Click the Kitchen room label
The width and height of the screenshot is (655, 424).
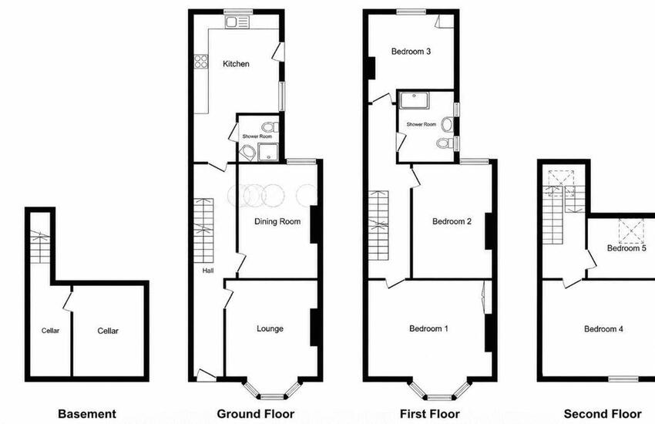click(236, 64)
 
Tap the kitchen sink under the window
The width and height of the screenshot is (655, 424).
click(237, 22)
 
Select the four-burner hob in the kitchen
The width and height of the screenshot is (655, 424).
click(201, 62)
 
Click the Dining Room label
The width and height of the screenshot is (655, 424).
click(277, 221)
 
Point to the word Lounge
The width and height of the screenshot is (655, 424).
click(270, 328)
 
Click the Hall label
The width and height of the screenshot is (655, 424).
click(208, 271)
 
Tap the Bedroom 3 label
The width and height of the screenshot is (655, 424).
click(411, 52)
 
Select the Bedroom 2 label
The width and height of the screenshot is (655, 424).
click(452, 221)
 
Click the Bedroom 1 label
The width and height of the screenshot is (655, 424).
click(428, 328)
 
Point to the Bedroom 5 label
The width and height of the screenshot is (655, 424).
click(626, 248)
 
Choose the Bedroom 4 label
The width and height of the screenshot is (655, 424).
click(603, 329)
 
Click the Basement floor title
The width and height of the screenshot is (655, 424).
click(87, 414)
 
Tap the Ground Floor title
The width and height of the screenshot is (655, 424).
click(256, 414)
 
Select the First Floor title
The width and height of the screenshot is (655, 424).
click(430, 414)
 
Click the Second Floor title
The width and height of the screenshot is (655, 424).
click(603, 414)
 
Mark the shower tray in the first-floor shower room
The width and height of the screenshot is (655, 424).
click(414, 101)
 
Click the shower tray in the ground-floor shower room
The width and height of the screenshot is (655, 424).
click(267, 152)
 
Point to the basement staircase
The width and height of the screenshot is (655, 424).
click(40, 247)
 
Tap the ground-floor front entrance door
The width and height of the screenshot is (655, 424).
click(206, 375)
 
